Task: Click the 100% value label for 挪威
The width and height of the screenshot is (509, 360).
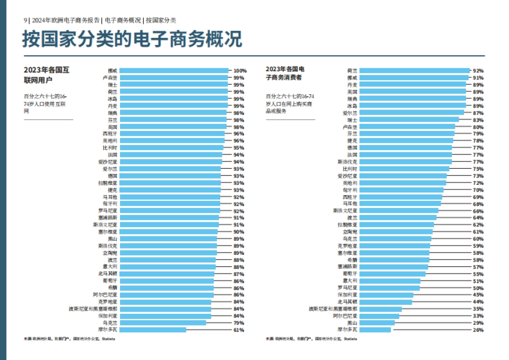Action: coord(240,71)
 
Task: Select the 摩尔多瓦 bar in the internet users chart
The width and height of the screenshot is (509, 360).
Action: coord(153,329)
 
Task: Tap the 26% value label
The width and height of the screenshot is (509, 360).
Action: coord(478,330)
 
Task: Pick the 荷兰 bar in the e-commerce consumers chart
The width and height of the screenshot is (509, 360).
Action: coord(414,71)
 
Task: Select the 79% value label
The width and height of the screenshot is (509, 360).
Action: coord(239,323)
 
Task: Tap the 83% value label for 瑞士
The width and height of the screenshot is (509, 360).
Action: coord(478,120)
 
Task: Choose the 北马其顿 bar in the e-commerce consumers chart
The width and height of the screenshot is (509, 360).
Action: coord(385,302)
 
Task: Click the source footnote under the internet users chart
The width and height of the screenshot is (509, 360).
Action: coord(69,339)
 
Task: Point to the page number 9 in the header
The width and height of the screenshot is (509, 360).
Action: coord(25,20)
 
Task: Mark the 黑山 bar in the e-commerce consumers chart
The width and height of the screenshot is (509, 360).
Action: coord(377,323)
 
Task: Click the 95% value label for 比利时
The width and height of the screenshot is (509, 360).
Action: coord(239,148)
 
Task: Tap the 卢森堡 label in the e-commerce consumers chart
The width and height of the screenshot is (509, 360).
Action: coord(350,127)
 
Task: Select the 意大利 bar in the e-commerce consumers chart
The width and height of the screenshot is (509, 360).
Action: coord(389,281)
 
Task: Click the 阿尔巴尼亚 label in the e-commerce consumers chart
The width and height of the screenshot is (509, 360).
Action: coord(345,316)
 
